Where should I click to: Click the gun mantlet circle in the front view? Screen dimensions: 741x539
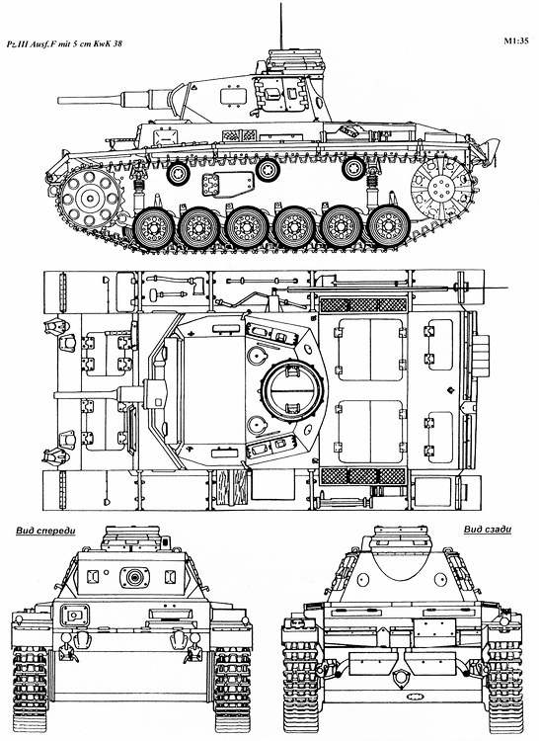pyautogui.click(x=130, y=575)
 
